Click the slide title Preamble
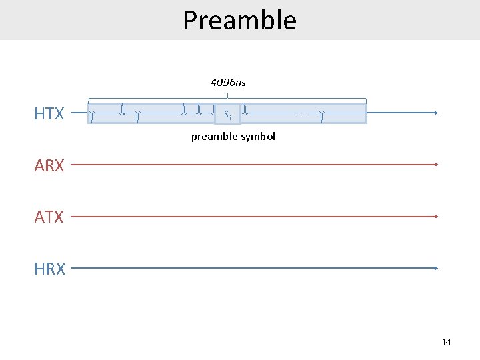pyautogui.click(x=240, y=20)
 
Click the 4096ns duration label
pyautogui.click(x=228, y=83)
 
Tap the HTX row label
pyautogui.click(x=49, y=114)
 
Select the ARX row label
pyautogui.click(x=49, y=165)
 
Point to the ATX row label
pyautogui.click(x=49, y=217)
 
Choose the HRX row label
pyautogui.click(x=50, y=269)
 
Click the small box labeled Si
pyautogui.click(x=227, y=114)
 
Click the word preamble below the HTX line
pyautogui.click(x=214, y=137)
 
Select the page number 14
pyautogui.click(x=446, y=342)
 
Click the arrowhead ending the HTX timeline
pyautogui.click(x=436, y=113)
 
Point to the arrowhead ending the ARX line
pyautogui.click(x=436, y=164)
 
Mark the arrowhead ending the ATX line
pyautogui.click(x=436, y=216)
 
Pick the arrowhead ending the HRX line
pyautogui.click(x=436, y=268)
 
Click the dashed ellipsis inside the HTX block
pyautogui.click(x=301, y=113)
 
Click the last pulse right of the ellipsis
pyautogui.click(x=321, y=116)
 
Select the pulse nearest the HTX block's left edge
pyautogui.click(x=91, y=116)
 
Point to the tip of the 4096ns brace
pyautogui.click(x=228, y=96)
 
